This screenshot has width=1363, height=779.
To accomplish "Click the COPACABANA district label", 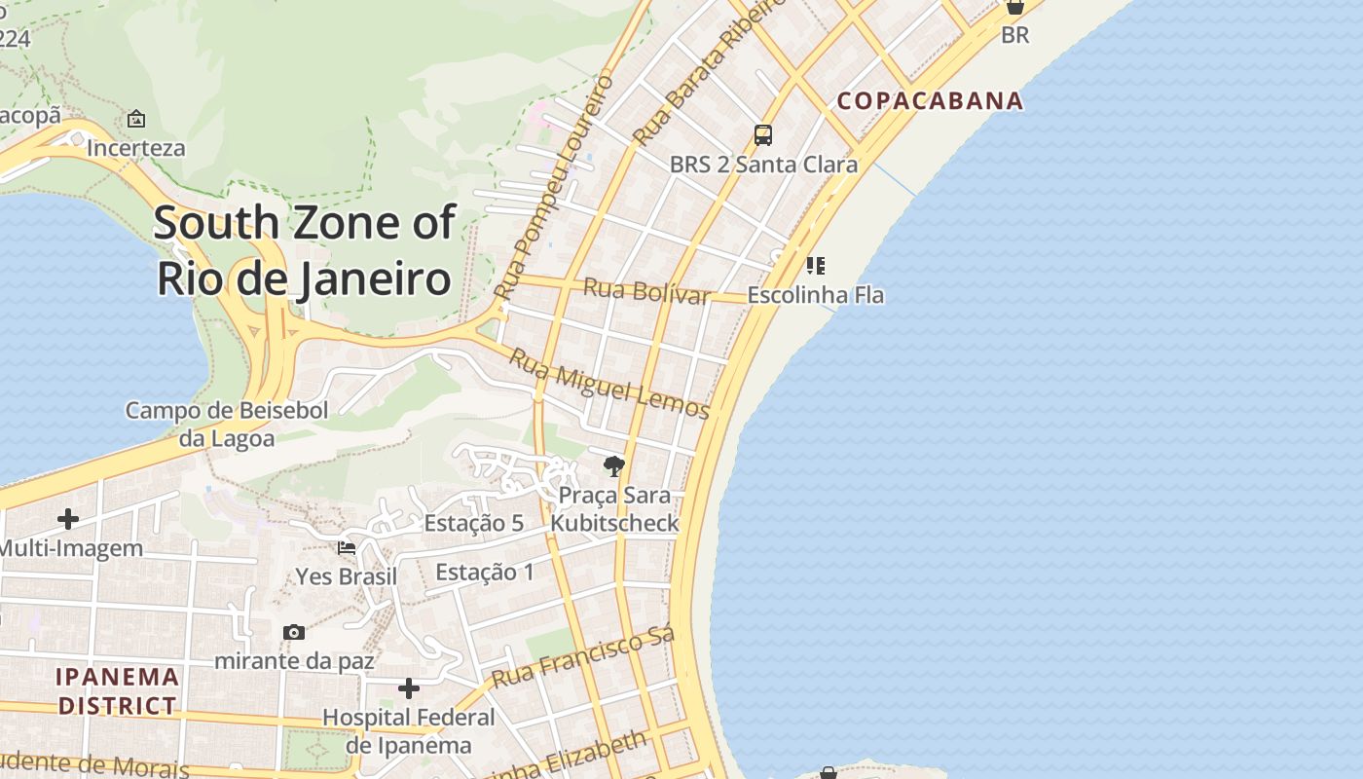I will coord(930,100).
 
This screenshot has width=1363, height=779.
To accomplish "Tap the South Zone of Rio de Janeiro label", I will coord(304,250).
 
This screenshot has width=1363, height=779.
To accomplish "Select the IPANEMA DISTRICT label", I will coord(118,690).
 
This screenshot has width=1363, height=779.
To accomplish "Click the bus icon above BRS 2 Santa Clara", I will coord(763,135).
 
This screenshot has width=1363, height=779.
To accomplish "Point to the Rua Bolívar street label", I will coord(646,291).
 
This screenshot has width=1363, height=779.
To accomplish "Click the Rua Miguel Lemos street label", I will coord(609,384).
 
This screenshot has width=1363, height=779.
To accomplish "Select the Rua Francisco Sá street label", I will coord(582,659).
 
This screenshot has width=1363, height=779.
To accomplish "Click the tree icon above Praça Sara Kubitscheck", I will coord(613,466).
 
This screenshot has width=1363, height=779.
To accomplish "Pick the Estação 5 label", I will coord(474,523).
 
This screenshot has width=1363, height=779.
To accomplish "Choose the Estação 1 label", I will coord(485,572).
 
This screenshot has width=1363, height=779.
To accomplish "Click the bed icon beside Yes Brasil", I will coord(347,548).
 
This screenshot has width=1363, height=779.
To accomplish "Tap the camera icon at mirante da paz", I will coord(294,633).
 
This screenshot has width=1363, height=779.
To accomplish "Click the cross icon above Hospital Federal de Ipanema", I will coord(409,689).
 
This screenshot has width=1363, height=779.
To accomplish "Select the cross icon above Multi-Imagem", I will coord(68,519).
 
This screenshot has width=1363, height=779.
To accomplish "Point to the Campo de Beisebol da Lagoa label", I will coord(227,424).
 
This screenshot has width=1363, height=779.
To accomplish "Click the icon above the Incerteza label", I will coord(136,120).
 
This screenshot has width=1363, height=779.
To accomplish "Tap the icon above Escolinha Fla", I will coord(816,265).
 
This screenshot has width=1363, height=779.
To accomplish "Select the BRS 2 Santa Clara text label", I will coord(763,164).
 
